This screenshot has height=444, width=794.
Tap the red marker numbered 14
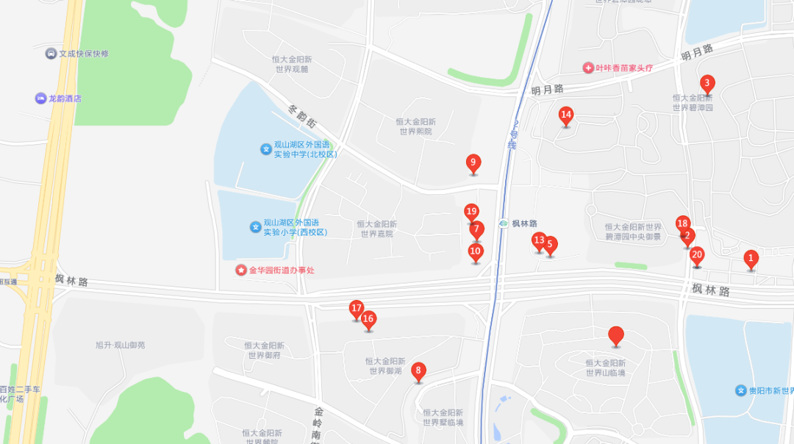point(566,115)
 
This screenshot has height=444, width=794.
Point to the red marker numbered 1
point(751,259)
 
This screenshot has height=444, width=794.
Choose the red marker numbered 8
point(418,371)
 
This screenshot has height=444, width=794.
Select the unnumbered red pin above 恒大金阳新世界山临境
point(616,336)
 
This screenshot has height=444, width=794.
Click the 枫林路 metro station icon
point(504,223)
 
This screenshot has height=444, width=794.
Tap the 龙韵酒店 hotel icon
point(40,99)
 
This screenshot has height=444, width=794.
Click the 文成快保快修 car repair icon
point(51,54)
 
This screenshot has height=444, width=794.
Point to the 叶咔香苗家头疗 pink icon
point(588,68)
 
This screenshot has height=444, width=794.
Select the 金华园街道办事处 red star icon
point(241,271)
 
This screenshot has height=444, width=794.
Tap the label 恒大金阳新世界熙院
point(415,126)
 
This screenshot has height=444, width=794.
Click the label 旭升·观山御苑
point(121,345)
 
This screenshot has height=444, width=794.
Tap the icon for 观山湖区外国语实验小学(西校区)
point(256,227)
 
